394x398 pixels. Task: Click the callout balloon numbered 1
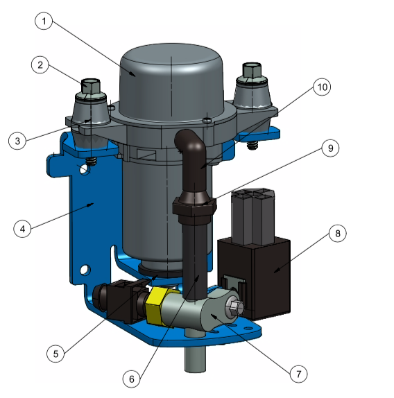[x=44, y=22]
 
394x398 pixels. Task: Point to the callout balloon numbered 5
[x=58, y=352]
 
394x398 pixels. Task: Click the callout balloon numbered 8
[x=338, y=234]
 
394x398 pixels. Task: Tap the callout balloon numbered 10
[x=322, y=87]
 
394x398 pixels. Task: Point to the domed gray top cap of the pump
[x=170, y=66]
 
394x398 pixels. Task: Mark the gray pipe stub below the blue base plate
[x=195, y=356]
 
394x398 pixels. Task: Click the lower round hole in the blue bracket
[x=85, y=268]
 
